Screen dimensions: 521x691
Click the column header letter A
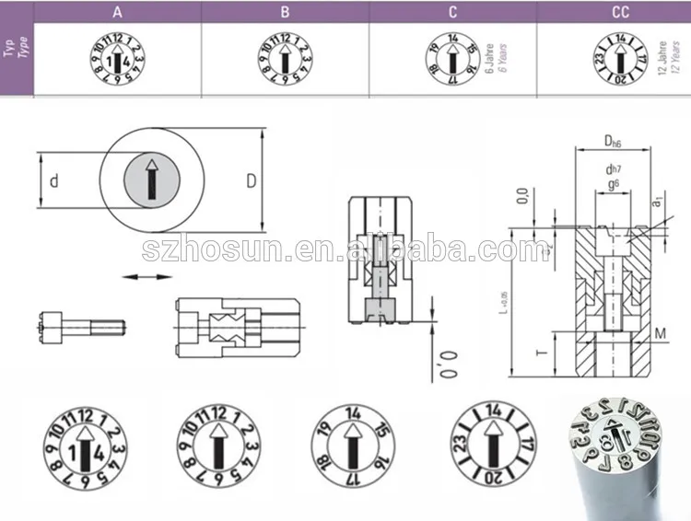118,12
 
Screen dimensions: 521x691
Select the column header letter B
285,12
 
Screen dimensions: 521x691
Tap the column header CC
620,12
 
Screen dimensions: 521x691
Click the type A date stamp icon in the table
118,60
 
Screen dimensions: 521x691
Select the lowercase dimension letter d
54,181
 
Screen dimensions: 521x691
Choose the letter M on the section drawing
662,331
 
